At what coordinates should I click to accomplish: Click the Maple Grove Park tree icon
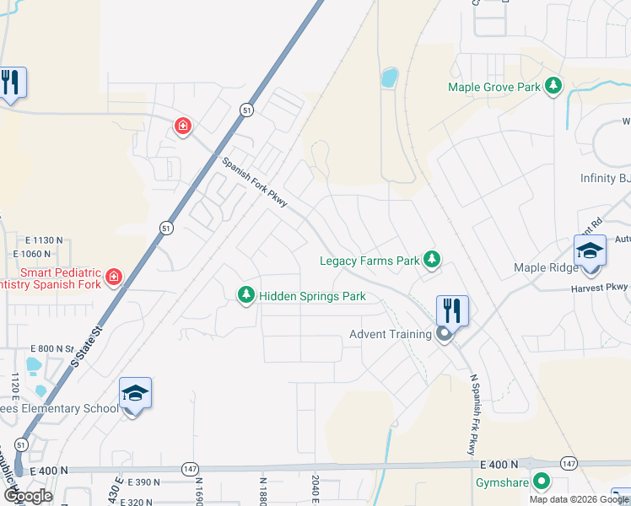[x=553, y=86]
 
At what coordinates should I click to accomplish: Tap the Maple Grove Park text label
[x=494, y=87]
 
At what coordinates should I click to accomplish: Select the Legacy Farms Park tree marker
[x=432, y=260]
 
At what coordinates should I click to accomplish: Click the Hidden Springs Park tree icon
[x=246, y=295]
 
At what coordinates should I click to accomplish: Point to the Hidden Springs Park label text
[x=312, y=296]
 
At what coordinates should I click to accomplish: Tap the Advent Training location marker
[x=445, y=335]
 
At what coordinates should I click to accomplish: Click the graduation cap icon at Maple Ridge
[x=590, y=250]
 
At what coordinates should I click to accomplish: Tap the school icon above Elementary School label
[x=135, y=393]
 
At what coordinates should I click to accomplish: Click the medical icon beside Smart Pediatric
[x=113, y=277]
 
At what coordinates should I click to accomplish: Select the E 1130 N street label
[x=39, y=240]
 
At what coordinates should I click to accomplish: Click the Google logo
[x=27, y=495]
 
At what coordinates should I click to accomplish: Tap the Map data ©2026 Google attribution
[x=579, y=499]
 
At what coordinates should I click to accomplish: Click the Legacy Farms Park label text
[x=369, y=261]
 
